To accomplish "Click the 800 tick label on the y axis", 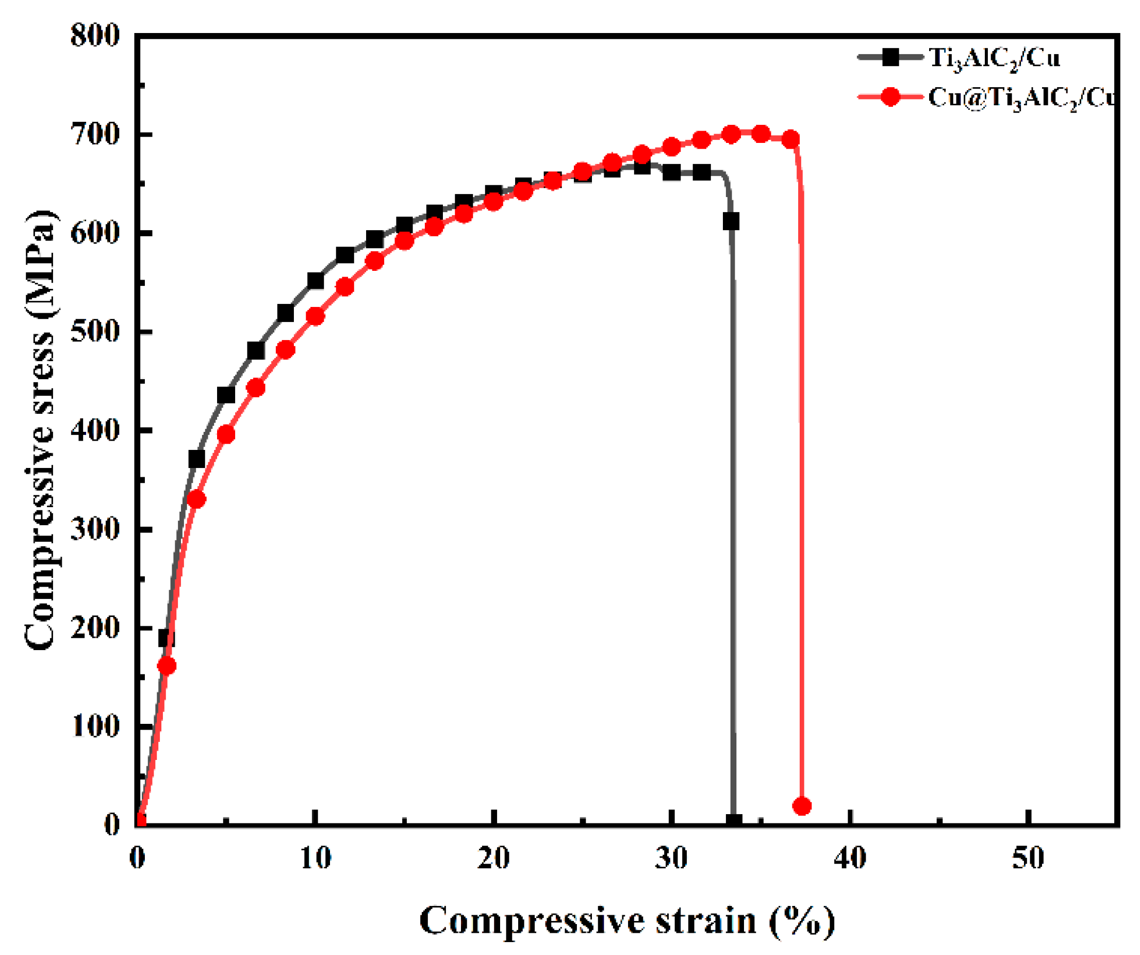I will pyautogui.click(x=94, y=37).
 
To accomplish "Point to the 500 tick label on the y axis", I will pyautogui.click(x=94, y=332).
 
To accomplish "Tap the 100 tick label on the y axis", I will pyautogui.click(x=94, y=727).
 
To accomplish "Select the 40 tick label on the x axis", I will pyautogui.click(x=850, y=859).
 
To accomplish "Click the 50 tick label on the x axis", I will pyautogui.click(x=1028, y=859).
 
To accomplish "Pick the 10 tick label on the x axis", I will pyautogui.click(x=316, y=859).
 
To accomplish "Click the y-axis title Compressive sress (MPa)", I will pyautogui.click(x=40, y=429).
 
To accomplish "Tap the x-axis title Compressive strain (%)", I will pyautogui.click(x=627, y=921).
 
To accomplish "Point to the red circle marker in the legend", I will pyautogui.click(x=890, y=97).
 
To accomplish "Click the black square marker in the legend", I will pyautogui.click(x=890, y=57).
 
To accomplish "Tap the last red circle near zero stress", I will pyautogui.click(x=802, y=805).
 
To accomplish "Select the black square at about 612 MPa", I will pyautogui.click(x=731, y=222).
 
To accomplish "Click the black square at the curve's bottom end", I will pyautogui.click(x=734, y=821).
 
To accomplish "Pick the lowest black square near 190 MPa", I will pyautogui.click(x=166, y=638).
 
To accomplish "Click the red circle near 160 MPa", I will pyautogui.click(x=167, y=666).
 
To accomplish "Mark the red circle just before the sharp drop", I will pyautogui.click(x=791, y=139).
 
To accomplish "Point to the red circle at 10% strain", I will pyautogui.click(x=316, y=316).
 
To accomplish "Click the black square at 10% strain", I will pyautogui.click(x=316, y=281).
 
